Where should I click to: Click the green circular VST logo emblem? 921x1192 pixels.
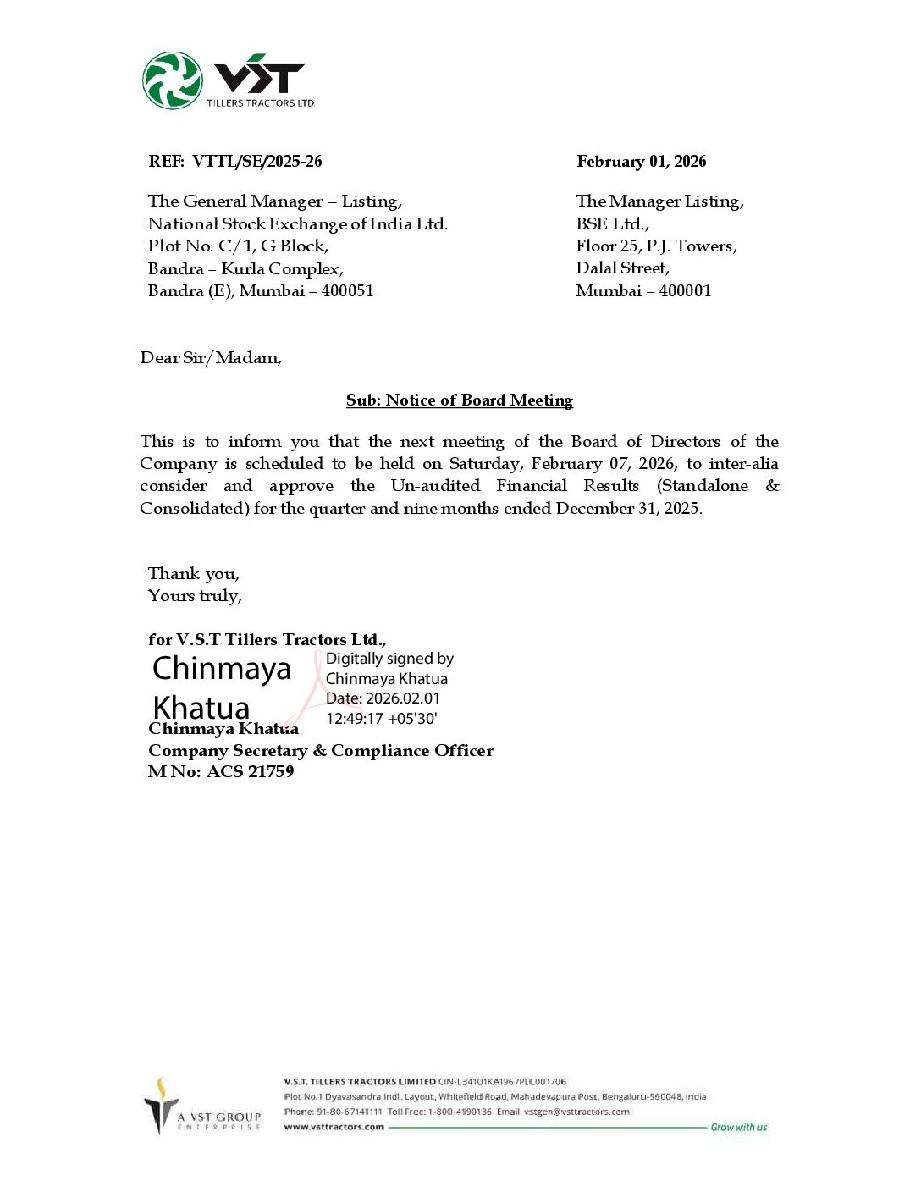click(173, 80)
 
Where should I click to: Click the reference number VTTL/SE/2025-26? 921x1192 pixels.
click(256, 162)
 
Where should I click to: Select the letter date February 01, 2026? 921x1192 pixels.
click(641, 162)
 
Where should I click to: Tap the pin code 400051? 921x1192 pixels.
click(347, 291)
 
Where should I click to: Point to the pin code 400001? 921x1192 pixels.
click(685, 291)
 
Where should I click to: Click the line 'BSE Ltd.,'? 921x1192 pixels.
click(612, 223)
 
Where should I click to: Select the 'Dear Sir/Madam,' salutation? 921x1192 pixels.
click(211, 358)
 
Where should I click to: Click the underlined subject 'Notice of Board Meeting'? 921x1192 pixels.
click(478, 400)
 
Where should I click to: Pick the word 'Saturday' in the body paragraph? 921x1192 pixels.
click(484, 464)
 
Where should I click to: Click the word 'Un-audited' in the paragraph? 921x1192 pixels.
click(435, 486)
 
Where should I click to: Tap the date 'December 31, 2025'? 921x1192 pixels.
click(627, 509)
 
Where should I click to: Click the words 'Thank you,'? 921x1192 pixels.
click(193, 574)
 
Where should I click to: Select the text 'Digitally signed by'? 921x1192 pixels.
click(389, 659)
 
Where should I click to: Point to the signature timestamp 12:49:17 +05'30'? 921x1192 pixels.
click(381, 719)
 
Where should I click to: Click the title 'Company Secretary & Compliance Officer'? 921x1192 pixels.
click(320, 751)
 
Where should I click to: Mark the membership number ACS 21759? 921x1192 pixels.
click(250, 772)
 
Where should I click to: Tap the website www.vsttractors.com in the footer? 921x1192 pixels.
click(334, 1127)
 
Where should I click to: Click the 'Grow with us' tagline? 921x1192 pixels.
click(738, 1127)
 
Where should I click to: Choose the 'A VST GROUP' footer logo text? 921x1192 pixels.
click(219, 1117)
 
